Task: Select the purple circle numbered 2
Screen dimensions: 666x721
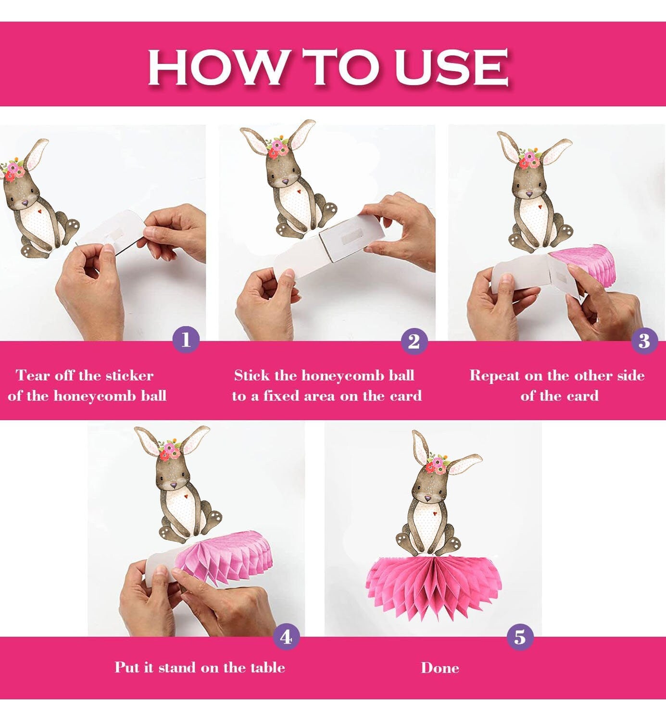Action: (414, 341)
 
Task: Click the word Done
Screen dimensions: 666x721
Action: (440, 668)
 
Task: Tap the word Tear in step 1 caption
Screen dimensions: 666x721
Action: (34, 375)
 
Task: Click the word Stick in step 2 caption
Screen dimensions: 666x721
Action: (252, 375)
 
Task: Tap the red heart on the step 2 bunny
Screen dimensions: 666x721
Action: (299, 191)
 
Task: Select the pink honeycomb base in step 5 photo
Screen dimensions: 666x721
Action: (435, 587)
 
